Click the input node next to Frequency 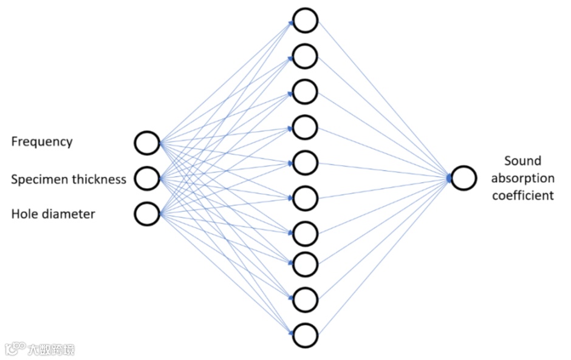coord(147,143)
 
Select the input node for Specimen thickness coord(147,178)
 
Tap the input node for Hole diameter coord(147,214)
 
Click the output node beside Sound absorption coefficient coord(463,178)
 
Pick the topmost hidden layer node coord(305,20)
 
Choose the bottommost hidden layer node coord(305,335)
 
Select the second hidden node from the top coord(305,56)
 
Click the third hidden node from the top coord(305,92)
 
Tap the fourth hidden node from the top coord(305,127)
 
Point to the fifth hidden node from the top coord(305,163)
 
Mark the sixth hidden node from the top coord(305,197)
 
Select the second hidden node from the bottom coord(305,299)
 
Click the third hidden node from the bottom coord(305,264)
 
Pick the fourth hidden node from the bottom coord(305,233)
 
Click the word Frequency coord(42,142)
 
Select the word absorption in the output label coord(522,178)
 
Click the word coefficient coord(522,195)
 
